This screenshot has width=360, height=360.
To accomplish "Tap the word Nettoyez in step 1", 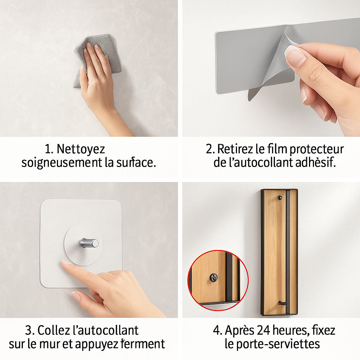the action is point(81,149).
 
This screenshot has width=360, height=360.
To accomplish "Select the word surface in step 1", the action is point(136,162).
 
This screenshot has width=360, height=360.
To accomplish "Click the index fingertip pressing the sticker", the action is point(66,264).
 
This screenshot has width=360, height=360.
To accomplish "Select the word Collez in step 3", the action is point(54,330).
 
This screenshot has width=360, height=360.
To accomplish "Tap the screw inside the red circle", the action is point(214,278).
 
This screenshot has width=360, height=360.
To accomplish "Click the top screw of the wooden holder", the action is point(280,198).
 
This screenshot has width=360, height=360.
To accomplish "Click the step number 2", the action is point(210,149).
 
